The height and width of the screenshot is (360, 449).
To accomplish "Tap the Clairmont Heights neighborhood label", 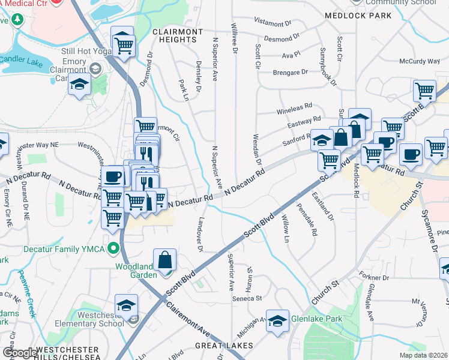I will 178,35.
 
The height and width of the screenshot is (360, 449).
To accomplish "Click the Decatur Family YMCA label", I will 59,248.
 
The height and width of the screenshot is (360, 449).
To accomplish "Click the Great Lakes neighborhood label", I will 224,346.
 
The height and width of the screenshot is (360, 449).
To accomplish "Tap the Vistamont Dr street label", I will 272,23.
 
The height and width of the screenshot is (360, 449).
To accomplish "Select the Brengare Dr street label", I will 291,71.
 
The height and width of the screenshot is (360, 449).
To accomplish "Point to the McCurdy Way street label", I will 420,61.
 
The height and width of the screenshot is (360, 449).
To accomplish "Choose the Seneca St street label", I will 247,298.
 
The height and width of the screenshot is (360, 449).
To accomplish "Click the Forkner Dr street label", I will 375,278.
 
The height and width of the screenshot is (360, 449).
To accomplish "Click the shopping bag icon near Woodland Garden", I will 165,260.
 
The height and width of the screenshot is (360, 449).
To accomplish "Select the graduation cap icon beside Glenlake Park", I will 278,320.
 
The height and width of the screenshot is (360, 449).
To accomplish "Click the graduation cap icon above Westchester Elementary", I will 126,305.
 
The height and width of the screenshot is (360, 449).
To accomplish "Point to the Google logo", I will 19,353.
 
